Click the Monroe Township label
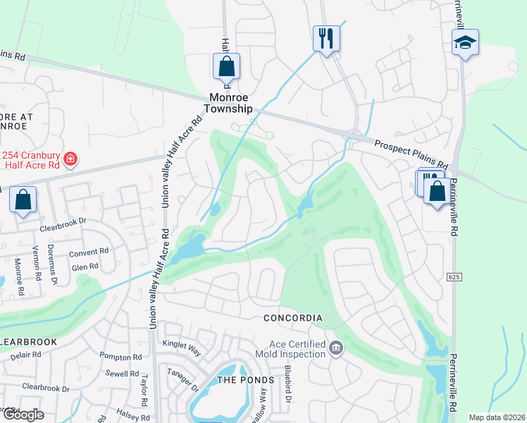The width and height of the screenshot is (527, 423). coord(228,104)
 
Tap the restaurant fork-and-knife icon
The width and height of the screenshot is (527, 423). coord(325,38)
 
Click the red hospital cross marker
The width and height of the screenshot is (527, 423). coord(70,159)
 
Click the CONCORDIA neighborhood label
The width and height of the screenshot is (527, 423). coord(293,318)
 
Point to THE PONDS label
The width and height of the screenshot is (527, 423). coord(245,380)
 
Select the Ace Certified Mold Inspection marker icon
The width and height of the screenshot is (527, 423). coord(336,348)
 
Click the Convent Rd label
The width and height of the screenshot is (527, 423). coord(89,251)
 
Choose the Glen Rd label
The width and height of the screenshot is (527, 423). coord(85,266)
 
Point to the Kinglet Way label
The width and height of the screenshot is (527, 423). coord(182,345)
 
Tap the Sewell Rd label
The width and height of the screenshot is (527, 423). coord(123,374)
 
